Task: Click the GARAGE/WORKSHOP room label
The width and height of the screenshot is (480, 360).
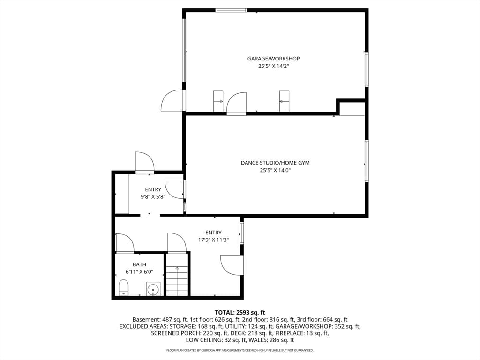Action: click(273, 59)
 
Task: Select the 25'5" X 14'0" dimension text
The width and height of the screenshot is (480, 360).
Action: click(275, 170)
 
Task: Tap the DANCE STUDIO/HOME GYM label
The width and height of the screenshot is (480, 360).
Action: click(275, 163)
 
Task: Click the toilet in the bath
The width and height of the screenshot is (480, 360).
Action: click(124, 287)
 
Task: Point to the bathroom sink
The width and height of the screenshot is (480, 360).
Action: click(153, 289)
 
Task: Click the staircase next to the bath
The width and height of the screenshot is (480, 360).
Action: click(177, 280)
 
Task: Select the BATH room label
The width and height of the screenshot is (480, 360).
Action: click(139, 264)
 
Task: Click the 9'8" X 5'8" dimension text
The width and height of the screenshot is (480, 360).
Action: click(153, 197)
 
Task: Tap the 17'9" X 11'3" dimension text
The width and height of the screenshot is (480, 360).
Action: click(213, 240)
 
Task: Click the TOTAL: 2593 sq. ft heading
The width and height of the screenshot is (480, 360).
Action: click(240, 313)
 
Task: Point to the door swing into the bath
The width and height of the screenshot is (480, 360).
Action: click(125, 243)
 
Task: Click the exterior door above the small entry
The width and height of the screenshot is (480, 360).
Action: click(144, 162)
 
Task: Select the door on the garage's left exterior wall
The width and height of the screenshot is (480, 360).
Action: click(173, 100)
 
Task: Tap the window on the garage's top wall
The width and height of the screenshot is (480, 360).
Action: click(231, 10)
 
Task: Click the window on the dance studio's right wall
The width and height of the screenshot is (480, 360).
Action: click(367, 161)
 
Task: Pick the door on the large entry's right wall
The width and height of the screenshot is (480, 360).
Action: click(232, 265)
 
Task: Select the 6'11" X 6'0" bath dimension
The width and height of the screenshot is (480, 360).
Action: click(139, 271)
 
